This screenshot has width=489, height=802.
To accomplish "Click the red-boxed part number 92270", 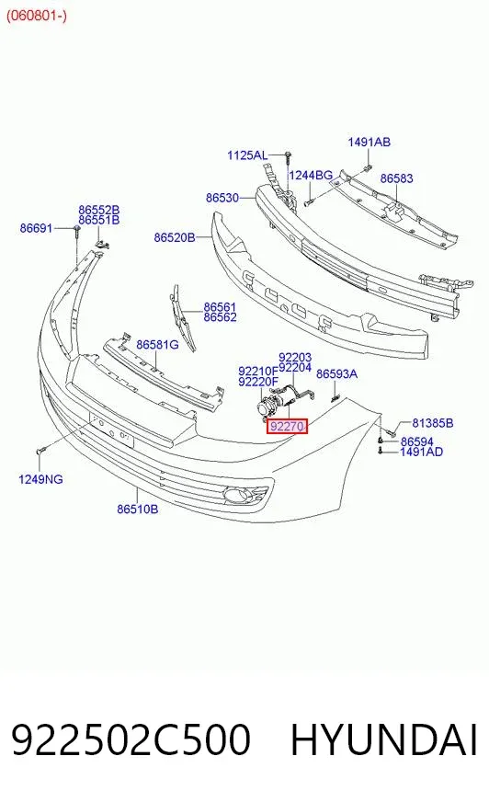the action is (x=287, y=426).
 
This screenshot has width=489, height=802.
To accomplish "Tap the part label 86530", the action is (x=222, y=198).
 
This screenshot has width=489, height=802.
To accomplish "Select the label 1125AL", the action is (x=247, y=155).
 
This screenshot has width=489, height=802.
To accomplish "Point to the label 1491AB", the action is (x=369, y=142).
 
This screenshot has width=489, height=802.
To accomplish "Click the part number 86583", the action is (x=396, y=178).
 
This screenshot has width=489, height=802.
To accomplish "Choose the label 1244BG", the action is (x=311, y=176).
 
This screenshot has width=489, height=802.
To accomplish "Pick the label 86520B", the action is (x=175, y=237).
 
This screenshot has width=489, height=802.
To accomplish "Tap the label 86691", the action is (x=36, y=227).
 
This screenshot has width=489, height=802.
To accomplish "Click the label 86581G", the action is (x=157, y=345).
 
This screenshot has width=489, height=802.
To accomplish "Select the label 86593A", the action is (x=336, y=374).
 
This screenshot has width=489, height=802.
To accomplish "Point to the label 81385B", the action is (x=433, y=423).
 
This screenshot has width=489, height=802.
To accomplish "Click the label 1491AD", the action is (x=421, y=452).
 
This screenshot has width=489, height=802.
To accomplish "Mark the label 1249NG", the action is (x=40, y=479).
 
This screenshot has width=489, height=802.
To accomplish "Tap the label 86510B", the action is (x=138, y=509).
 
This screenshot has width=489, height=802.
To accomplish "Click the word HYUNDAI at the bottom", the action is (x=384, y=739).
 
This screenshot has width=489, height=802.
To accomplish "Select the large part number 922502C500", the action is (x=131, y=739).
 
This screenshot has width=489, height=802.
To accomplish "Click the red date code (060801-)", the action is (x=36, y=16).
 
